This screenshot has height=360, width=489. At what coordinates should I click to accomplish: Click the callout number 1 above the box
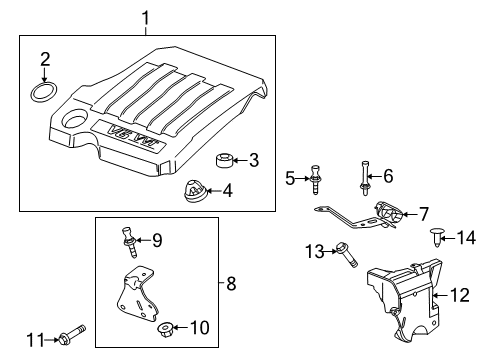(146, 17)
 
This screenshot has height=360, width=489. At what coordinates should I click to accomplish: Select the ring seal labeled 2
(43, 94)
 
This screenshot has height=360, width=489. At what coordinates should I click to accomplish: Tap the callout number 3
(254, 159)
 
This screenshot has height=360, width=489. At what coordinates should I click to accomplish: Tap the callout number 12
(459, 294)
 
